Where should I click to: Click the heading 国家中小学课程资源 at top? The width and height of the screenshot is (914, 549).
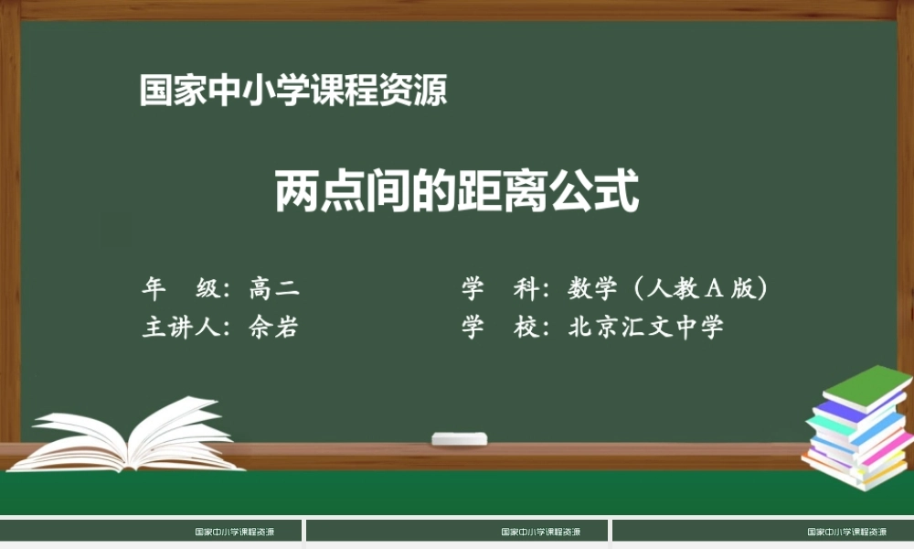293,91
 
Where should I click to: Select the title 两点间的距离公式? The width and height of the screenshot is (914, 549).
456,190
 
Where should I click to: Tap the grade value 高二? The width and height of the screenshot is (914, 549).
274,289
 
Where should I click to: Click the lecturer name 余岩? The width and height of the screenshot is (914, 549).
273,328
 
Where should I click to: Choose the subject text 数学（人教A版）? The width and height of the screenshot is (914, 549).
667,289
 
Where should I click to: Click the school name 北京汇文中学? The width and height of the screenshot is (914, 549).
645,328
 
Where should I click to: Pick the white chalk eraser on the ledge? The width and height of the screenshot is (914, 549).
459,438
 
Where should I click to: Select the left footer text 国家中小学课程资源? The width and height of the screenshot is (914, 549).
235,532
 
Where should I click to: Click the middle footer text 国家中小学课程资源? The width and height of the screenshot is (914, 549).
541,532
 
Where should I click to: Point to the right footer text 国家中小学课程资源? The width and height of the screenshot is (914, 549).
847,532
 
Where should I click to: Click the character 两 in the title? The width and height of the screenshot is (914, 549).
297,190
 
